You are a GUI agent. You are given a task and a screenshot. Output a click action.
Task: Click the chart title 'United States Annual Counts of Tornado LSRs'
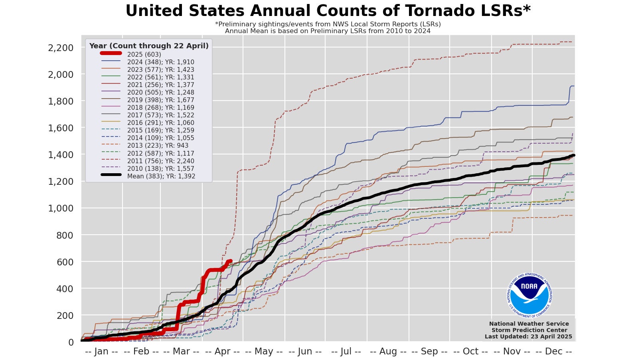328,11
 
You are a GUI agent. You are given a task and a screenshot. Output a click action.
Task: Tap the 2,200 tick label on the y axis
61,48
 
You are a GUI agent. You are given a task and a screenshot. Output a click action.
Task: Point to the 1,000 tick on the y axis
61,208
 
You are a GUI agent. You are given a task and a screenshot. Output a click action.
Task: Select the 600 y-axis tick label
65,262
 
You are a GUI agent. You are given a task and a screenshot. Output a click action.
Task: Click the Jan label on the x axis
101,351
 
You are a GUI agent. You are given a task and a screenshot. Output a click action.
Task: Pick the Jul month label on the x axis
346,351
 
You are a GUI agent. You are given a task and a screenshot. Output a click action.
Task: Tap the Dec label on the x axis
553,351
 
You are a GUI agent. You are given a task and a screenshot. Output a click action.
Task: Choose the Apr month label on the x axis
222,351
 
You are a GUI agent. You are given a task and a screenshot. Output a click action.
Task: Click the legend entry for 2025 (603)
144,54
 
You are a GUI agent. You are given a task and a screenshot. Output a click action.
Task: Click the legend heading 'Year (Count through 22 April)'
149,46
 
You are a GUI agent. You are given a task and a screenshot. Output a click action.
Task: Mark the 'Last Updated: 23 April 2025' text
528,336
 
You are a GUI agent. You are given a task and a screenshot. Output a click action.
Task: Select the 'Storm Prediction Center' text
529,330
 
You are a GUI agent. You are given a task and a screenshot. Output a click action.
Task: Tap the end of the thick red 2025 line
230,261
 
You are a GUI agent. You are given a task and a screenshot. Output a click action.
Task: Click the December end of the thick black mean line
573,156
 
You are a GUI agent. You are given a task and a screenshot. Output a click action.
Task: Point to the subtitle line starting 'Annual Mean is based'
328,31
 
